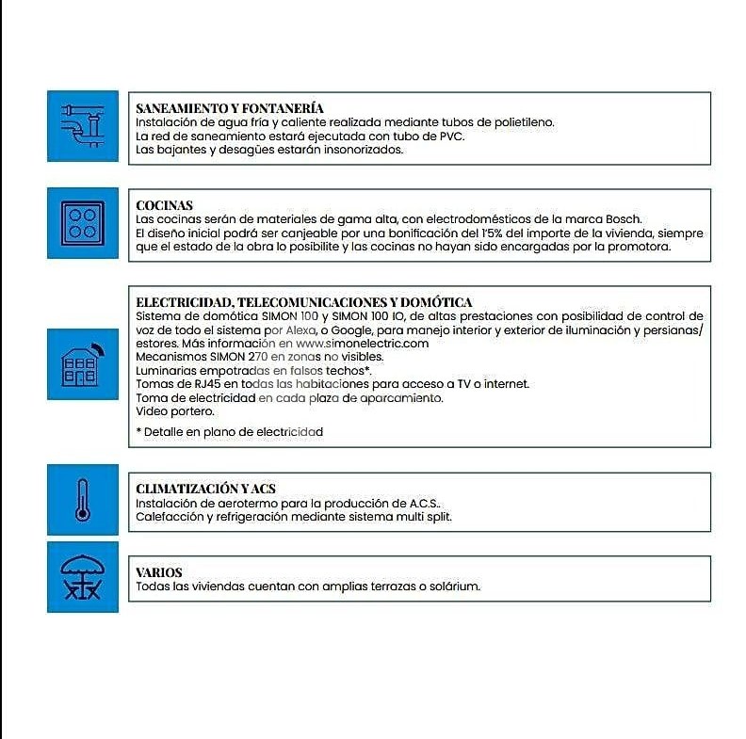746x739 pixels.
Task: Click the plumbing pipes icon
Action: point(83,126)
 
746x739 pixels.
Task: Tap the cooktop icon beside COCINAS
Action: point(83,222)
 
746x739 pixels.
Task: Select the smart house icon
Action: point(83,363)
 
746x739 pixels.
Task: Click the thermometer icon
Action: point(83,499)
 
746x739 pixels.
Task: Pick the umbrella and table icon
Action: point(83,577)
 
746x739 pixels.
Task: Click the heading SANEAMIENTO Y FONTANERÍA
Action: point(230,108)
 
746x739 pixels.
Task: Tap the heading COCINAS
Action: point(164,205)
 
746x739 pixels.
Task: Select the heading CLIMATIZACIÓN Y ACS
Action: point(205,489)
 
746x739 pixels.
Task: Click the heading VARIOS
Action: point(159,572)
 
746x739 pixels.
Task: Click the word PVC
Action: point(450,136)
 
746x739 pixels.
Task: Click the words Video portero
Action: point(174,411)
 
